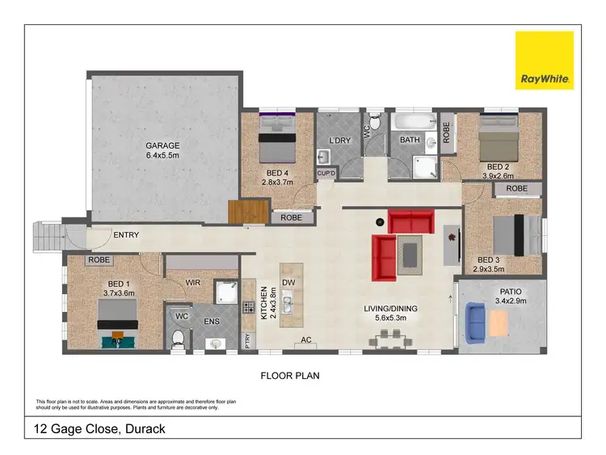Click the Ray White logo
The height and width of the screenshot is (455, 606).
pos(545,60)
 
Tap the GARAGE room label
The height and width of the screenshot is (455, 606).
pos(162,145)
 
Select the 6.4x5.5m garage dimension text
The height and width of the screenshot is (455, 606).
pos(162,155)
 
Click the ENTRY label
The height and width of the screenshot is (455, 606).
pos(126,235)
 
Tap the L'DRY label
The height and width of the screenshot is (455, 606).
pos(340,140)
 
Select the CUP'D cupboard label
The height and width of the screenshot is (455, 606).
pos(326,173)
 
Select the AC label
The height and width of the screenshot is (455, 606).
pos(306,340)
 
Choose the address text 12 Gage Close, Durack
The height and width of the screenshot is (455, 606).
pos(99,428)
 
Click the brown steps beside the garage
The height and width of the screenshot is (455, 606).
pos(248,213)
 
